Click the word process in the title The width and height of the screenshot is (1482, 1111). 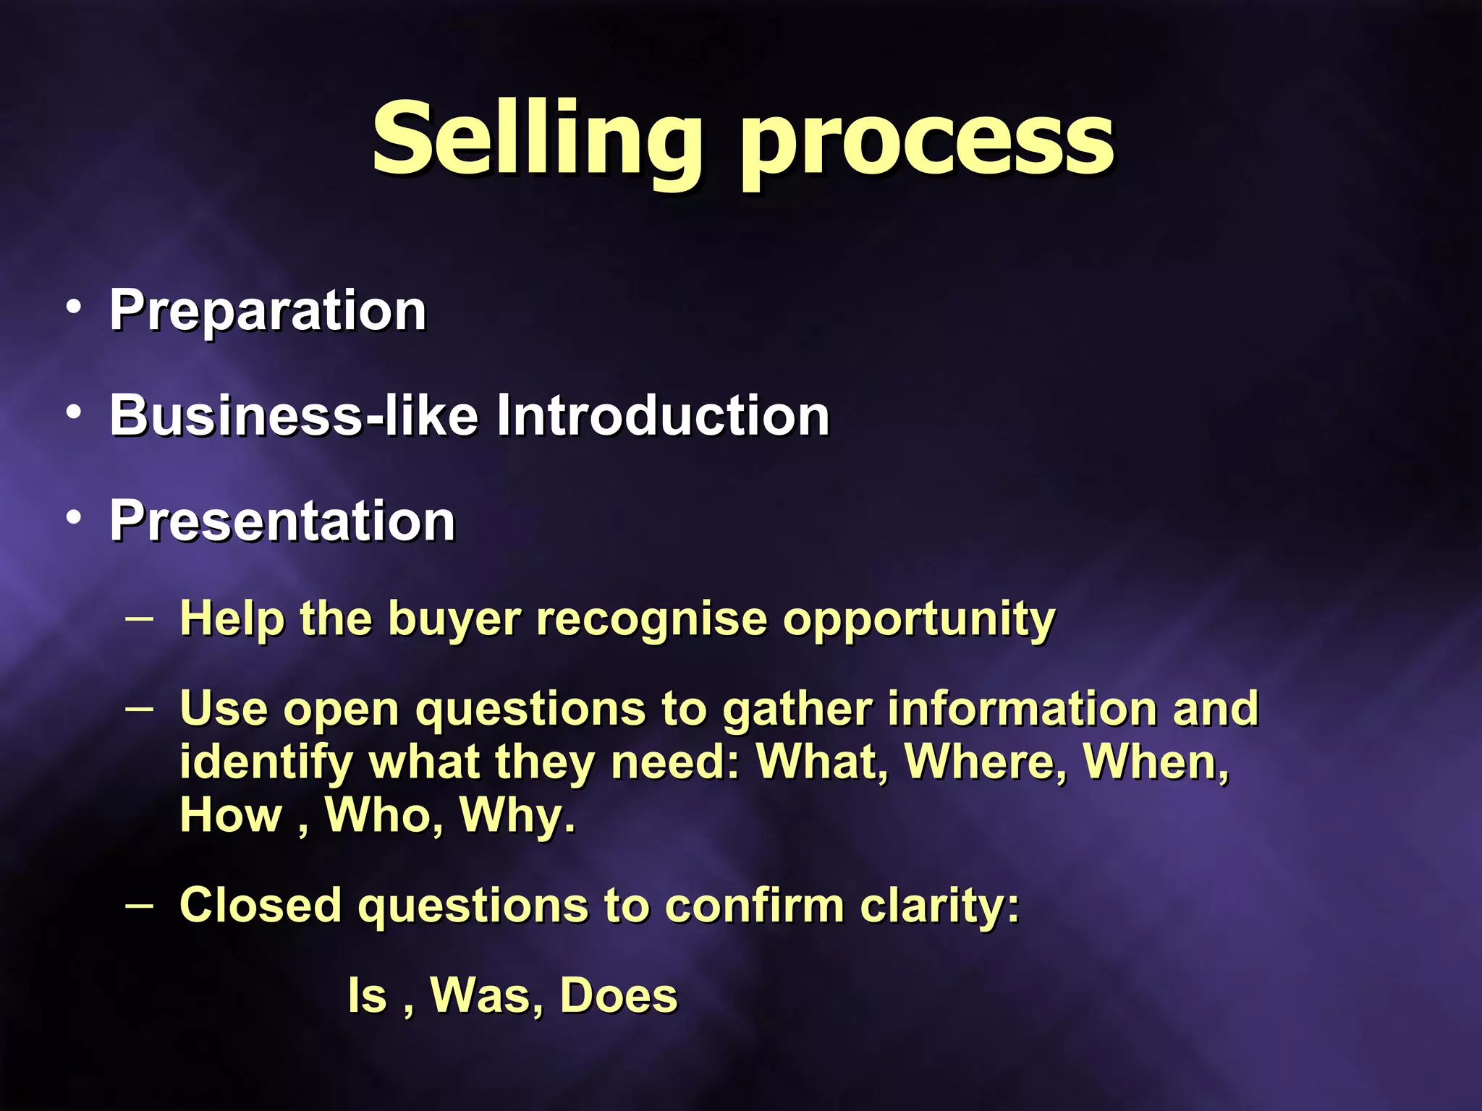point(926,145)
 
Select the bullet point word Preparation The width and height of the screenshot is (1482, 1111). point(268,311)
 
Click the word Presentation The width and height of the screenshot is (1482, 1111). point(282,521)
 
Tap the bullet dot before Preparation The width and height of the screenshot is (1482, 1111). point(73,308)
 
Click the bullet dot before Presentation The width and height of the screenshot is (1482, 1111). point(73,518)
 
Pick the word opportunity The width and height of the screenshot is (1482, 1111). point(919,621)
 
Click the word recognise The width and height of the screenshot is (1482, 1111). point(651,619)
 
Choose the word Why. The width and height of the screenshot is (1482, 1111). point(518,816)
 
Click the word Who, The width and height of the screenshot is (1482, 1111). point(384,815)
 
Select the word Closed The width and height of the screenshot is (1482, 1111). point(261,905)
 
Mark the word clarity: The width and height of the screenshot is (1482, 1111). point(940,906)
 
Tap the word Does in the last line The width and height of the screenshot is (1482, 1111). point(619,995)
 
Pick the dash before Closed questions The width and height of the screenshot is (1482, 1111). point(139,905)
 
